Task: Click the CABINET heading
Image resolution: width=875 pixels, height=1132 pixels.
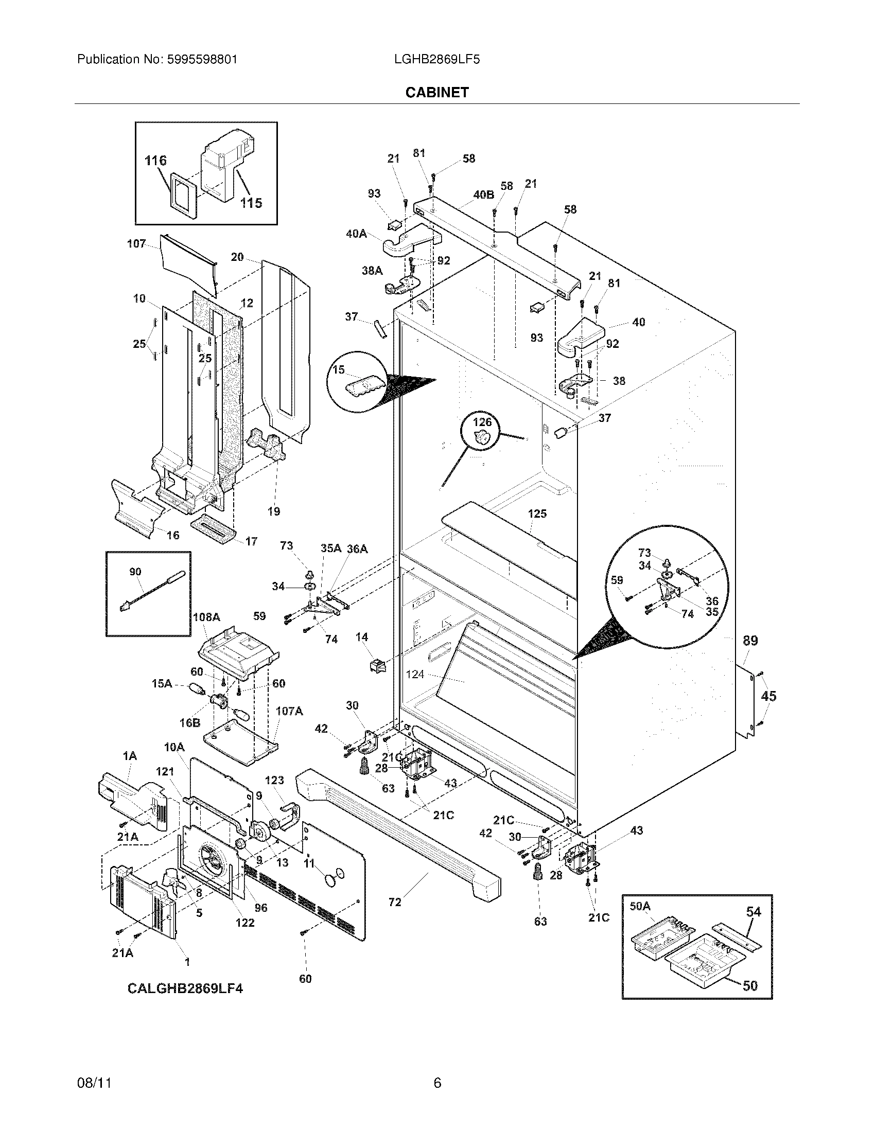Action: coord(436,92)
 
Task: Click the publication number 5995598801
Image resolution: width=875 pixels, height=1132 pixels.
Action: coord(202,60)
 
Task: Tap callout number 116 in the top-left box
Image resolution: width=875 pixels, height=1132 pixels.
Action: coord(155,161)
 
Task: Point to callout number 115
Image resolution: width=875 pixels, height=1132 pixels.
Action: coord(251,203)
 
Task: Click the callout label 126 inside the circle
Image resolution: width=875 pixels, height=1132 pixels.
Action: coord(482,422)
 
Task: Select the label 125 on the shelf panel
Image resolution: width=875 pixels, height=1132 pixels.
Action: coord(537,514)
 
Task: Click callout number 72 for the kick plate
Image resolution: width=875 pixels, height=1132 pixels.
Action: coord(395,903)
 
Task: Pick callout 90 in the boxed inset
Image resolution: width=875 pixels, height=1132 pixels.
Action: coord(135,572)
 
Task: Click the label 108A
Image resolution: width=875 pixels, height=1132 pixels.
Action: coord(206,617)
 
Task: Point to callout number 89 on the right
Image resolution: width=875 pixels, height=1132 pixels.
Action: coord(750,641)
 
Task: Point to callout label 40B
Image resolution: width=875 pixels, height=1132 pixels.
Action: coord(483,194)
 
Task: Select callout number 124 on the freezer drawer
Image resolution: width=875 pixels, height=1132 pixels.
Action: coord(415,675)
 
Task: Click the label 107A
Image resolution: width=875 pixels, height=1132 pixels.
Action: coord(289,711)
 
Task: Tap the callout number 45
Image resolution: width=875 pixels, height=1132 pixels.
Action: coord(768,696)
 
